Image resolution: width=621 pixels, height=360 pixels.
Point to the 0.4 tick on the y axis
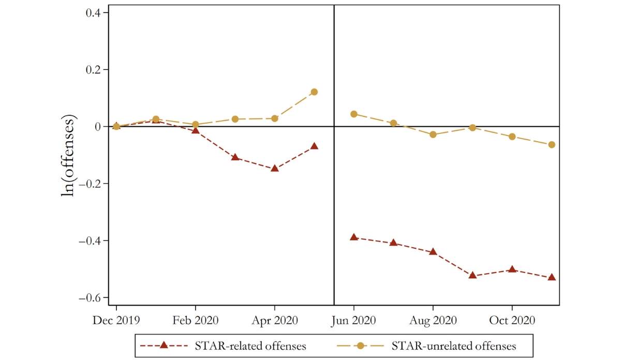94,13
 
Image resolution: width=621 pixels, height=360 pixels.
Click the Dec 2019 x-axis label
116,321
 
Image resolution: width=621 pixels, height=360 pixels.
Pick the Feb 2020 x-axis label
195,321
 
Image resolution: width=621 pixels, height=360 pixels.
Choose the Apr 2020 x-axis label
274,321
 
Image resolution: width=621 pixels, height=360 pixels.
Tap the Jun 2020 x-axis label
353,321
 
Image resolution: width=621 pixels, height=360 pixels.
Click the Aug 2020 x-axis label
433,321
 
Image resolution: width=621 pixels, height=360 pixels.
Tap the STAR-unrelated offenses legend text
454,346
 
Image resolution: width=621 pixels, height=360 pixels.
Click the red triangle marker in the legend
162,345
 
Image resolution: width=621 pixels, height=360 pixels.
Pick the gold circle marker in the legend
361,346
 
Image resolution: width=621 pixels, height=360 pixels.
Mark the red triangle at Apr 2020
274,168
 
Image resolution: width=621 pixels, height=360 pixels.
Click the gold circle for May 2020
314,92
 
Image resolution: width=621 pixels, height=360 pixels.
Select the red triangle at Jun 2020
353,237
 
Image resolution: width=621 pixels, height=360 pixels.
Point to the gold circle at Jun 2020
353,114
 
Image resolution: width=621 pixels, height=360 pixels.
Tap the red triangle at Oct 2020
512,269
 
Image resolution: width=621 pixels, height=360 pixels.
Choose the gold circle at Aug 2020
433,134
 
